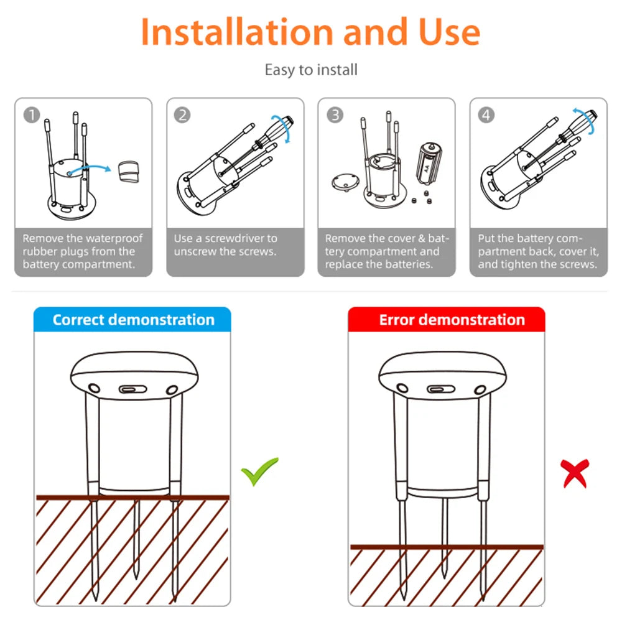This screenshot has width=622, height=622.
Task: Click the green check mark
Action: click(259, 471)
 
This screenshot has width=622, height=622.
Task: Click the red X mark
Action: click(575, 473)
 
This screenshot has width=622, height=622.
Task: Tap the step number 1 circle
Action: click(32, 115)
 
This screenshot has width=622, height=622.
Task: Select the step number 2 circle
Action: click(182, 115)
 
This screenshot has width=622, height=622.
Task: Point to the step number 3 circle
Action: click(335, 115)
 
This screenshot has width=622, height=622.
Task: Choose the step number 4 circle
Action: click(486, 115)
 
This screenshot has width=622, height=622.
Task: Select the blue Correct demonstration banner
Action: click(132, 320)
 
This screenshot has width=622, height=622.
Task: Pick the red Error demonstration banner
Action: click(446, 320)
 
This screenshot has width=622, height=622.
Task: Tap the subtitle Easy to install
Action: click(311, 70)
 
